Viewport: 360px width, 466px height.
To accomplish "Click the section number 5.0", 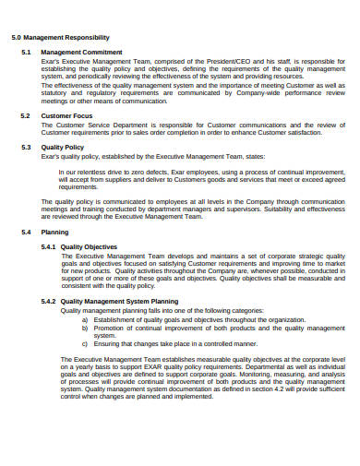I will [16, 37].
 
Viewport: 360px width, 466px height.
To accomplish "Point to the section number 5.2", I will [26, 115].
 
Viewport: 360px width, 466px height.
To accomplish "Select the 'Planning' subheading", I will [55, 233].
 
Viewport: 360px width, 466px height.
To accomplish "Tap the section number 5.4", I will [26, 233].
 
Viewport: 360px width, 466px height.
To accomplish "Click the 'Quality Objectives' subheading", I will [89, 247].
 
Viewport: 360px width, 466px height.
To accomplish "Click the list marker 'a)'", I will [84, 318].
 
